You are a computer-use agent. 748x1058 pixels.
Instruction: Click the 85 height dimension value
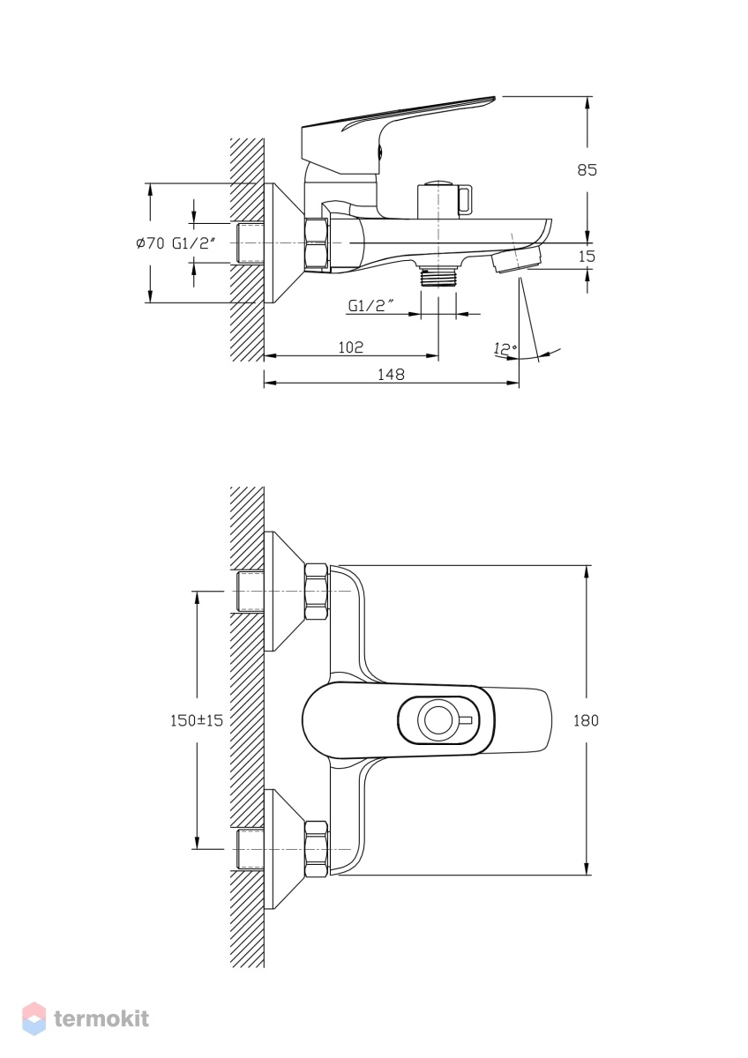point(587,169)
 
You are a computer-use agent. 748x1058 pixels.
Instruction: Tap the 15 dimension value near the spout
point(587,257)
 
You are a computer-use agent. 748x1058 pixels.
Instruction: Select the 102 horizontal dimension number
point(351,347)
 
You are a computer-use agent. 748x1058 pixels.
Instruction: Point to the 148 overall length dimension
point(392,374)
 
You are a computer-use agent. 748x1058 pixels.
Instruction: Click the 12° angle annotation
point(505,349)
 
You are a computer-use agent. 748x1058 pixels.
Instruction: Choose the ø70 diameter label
point(150,243)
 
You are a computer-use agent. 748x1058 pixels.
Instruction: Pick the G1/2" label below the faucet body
point(371,306)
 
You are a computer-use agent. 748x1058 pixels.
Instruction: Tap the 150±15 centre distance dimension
point(197,720)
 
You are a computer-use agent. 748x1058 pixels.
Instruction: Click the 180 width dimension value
point(586,720)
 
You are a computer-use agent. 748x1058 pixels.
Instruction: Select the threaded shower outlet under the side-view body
point(438,275)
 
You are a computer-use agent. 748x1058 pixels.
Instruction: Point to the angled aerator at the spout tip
point(518,260)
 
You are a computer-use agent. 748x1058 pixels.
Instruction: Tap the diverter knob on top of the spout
point(445,199)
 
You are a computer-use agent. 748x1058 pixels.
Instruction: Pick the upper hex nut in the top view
point(317,592)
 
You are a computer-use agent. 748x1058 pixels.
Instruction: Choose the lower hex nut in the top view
point(317,849)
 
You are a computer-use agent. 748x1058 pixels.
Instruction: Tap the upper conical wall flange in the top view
point(285,591)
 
